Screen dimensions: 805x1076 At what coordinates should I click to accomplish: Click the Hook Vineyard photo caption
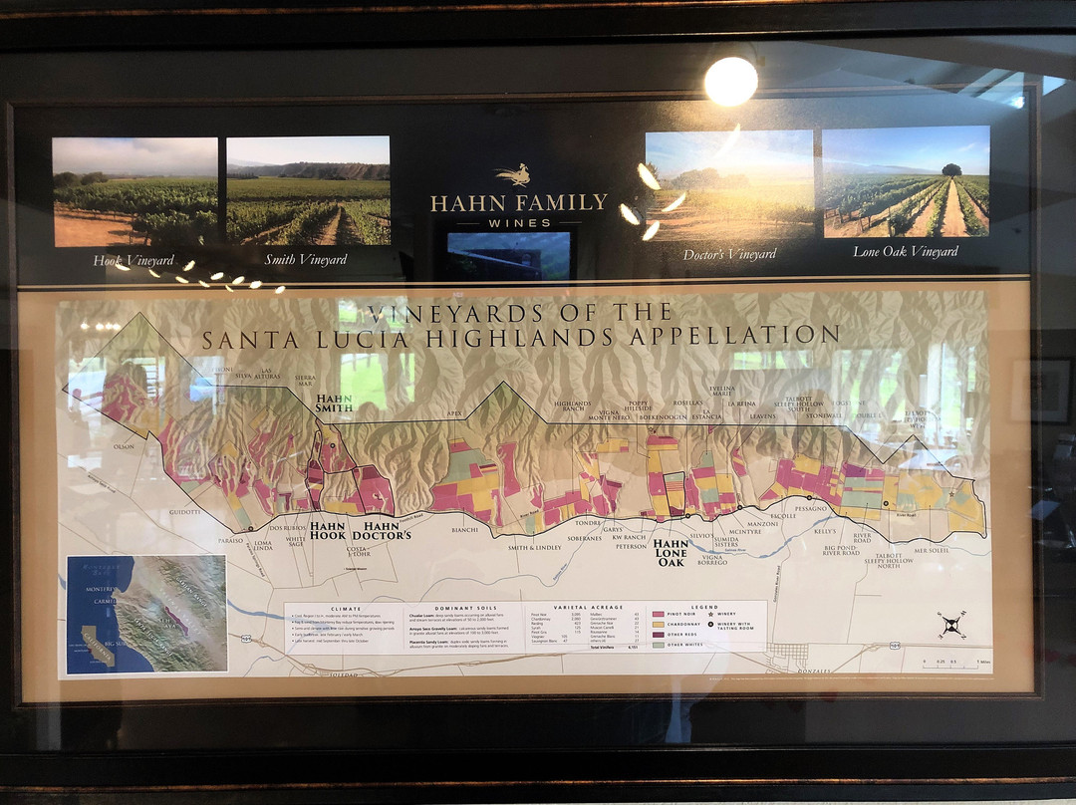(134, 260)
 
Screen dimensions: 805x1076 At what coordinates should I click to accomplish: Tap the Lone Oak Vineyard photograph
(906, 181)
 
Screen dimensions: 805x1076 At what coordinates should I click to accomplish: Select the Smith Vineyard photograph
(308, 190)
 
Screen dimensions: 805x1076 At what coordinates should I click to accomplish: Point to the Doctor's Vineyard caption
(729, 254)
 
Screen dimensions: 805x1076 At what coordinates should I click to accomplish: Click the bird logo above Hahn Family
(514, 176)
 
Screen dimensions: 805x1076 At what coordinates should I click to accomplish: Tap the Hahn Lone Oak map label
(671, 553)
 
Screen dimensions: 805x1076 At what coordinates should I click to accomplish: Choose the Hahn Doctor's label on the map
(388, 530)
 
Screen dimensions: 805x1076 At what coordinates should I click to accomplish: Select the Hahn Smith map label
(334, 402)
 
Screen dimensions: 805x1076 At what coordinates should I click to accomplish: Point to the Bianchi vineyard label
(464, 530)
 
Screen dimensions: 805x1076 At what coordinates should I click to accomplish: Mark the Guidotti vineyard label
(184, 511)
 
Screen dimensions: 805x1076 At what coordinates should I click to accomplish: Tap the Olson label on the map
(124, 447)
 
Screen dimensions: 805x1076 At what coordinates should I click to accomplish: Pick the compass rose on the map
(950, 625)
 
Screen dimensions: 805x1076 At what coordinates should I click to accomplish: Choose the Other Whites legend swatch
(659, 645)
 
